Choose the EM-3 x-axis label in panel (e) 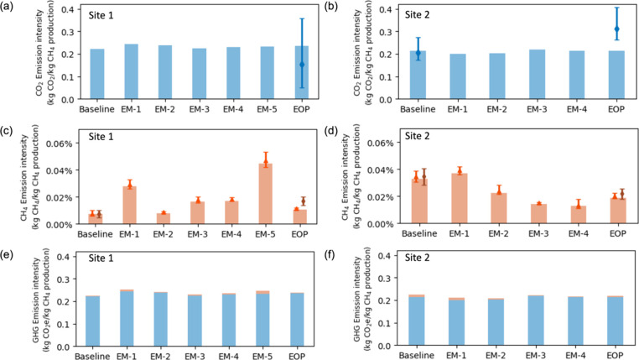point(199,356)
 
